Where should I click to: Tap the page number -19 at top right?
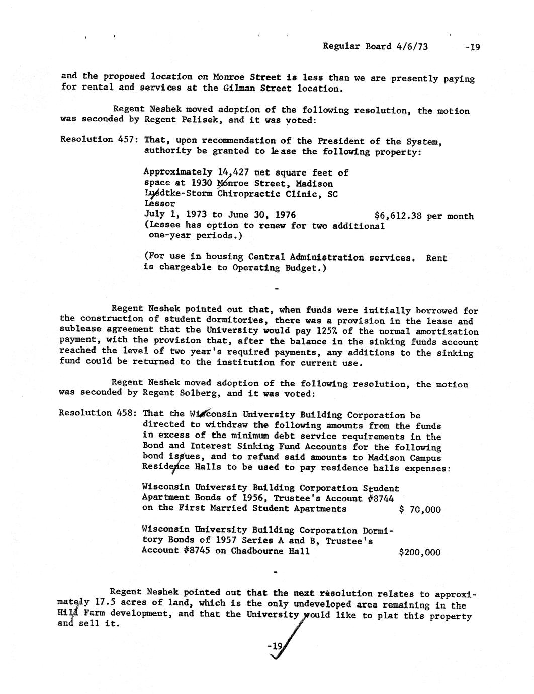(473, 47)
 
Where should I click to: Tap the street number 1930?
(203, 183)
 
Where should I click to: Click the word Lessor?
(159, 204)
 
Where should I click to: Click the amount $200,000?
(419, 552)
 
